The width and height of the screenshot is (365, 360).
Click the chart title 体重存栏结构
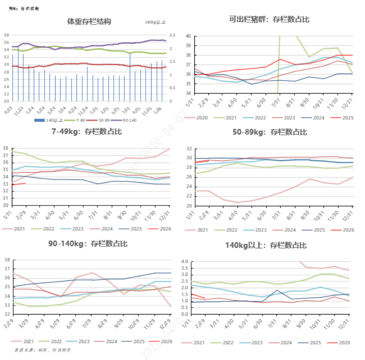tap(89, 21)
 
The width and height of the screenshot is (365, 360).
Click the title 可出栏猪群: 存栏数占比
tap(269, 19)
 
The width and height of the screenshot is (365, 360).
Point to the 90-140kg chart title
tap(88, 244)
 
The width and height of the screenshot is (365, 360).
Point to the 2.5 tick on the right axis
tap(172, 35)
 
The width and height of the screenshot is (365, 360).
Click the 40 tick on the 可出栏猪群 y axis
tap(188, 35)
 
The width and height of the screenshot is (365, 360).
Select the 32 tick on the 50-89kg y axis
tap(188, 149)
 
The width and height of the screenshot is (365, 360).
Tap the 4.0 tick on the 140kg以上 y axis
tap(185, 262)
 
